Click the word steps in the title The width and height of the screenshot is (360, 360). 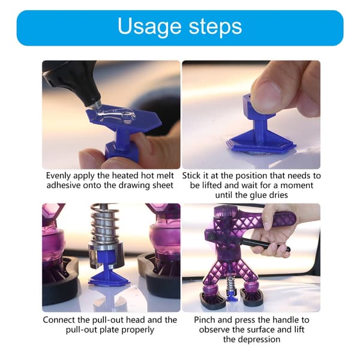[215, 27]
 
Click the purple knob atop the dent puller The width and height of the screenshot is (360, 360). [225, 211]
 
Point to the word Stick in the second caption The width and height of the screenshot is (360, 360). [191, 176]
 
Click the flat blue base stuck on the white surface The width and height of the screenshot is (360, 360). [261, 144]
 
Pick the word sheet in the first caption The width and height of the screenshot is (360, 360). [163, 185]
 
